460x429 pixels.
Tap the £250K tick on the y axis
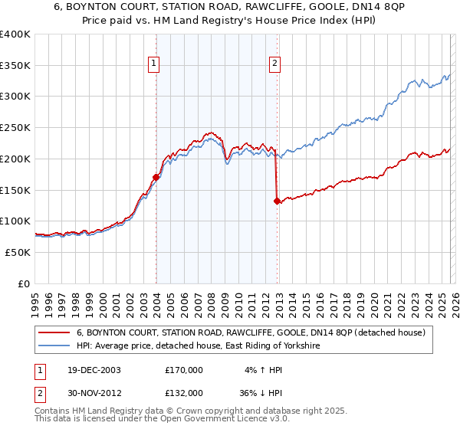coord(15,128)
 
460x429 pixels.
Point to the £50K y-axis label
coord(17,252)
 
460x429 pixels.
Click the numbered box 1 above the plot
coord(155,64)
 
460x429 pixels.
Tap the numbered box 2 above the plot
coord(274,64)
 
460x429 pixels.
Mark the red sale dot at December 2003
coord(156,177)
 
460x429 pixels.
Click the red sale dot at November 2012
coord(277,201)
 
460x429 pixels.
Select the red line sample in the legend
coord(54,332)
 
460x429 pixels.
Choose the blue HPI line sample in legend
coord(54,346)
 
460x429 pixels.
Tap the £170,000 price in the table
coord(184,369)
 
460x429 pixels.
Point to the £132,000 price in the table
coord(184,392)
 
